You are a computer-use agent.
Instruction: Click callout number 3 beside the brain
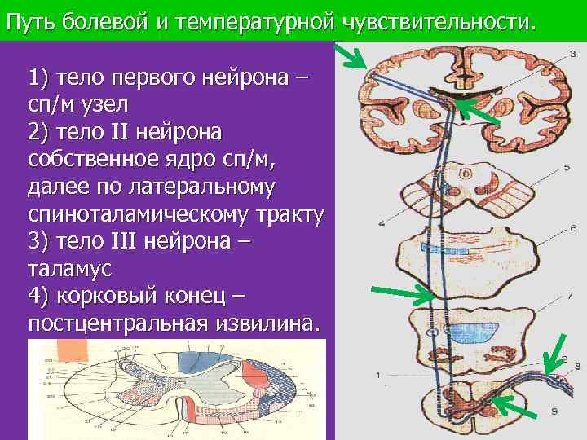pyautogui.click(x=572, y=53)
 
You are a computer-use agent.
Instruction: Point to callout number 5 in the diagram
pyautogui.click(x=566, y=168)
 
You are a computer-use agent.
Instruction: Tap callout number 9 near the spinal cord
pyautogui.click(x=554, y=411)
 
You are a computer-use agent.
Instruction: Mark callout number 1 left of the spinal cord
pyautogui.click(x=377, y=374)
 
